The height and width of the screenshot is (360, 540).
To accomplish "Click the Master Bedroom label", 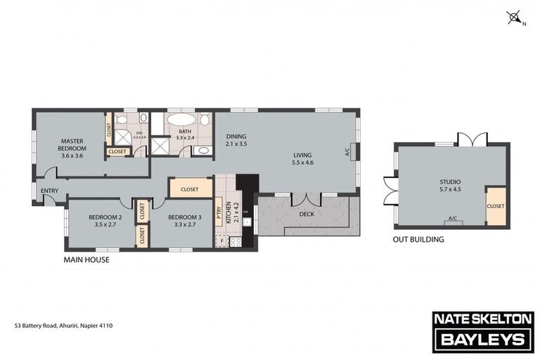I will (72, 144).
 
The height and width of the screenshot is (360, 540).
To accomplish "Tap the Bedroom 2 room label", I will (105, 218).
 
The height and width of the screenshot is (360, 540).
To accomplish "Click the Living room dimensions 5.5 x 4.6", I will (302, 162).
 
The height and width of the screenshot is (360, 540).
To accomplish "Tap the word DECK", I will (307, 213).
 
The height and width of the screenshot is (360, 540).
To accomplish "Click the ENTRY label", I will (50, 191).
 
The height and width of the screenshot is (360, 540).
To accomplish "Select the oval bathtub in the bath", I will (182, 120).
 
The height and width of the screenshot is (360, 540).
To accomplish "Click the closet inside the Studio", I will (496, 207).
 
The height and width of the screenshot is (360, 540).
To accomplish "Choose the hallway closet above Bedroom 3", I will (190, 188).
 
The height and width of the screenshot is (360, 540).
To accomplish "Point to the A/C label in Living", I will (347, 151).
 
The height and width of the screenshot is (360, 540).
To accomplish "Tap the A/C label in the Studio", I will (452, 219).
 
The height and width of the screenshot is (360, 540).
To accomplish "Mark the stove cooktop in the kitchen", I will (236, 241).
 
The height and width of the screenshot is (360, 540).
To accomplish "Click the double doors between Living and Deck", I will (307, 198).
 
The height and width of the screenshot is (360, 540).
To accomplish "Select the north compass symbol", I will (515, 17).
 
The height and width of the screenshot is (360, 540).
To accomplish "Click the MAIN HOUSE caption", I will (86, 259).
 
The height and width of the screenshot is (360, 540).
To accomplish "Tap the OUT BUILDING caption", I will (418, 239).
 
